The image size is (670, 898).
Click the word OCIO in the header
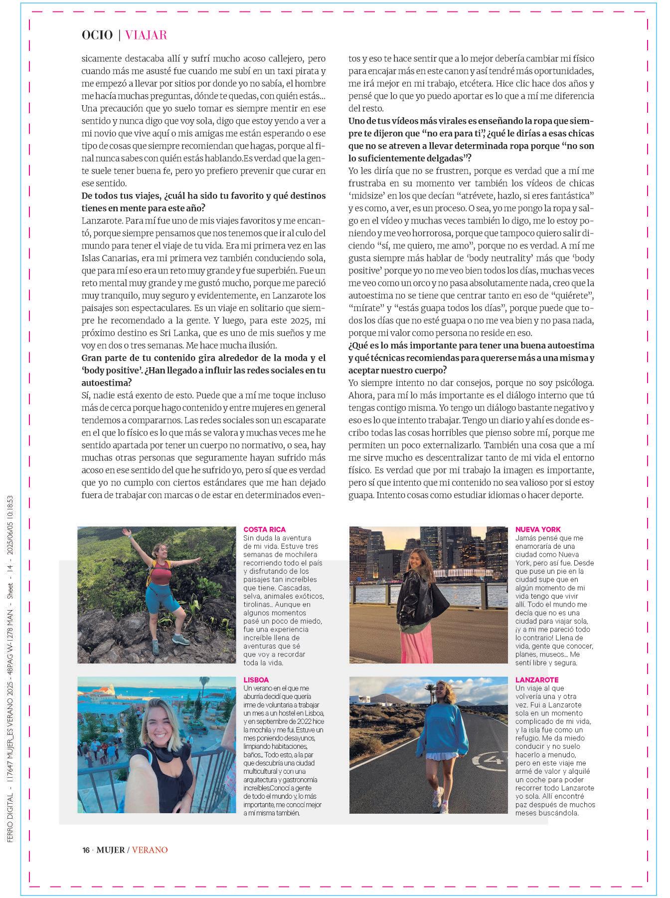[x=97, y=35]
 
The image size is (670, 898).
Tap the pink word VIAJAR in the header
[x=146, y=35]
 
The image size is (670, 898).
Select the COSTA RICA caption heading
[x=264, y=529]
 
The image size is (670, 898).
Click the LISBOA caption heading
[x=256, y=679]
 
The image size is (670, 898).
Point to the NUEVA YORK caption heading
[x=538, y=529]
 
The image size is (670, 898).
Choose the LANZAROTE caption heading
[x=537, y=679]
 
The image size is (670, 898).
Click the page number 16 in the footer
[x=86, y=850]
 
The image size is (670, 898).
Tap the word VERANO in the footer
[x=150, y=850]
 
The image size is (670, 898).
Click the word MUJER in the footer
[x=110, y=850]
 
